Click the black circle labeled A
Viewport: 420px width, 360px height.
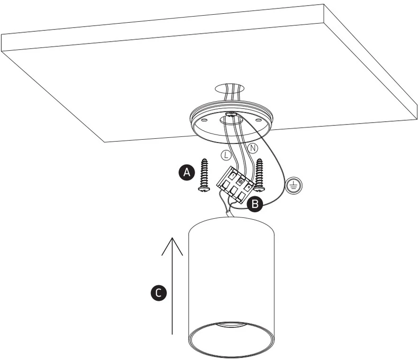pyautogui.click(x=187, y=172)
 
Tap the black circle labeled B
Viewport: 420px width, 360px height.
pyautogui.click(x=255, y=204)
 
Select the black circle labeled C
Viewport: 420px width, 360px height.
pyautogui.click(x=158, y=293)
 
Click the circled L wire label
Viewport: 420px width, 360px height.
pyautogui.click(x=226, y=155)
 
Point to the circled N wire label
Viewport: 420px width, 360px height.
pyautogui.click(x=252, y=148)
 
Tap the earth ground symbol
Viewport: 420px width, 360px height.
pyautogui.click(x=294, y=185)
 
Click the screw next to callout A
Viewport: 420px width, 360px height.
pyautogui.click(x=204, y=175)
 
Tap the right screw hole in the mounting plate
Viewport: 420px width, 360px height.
pyautogui.click(x=258, y=119)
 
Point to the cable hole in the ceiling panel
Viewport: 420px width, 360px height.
pyautogui.click(x=229, y=89)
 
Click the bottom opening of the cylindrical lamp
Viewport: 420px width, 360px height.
pyautogui.click(x=231, y=340)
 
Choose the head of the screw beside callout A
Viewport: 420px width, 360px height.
pyautogui.click(x=204, y=189)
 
